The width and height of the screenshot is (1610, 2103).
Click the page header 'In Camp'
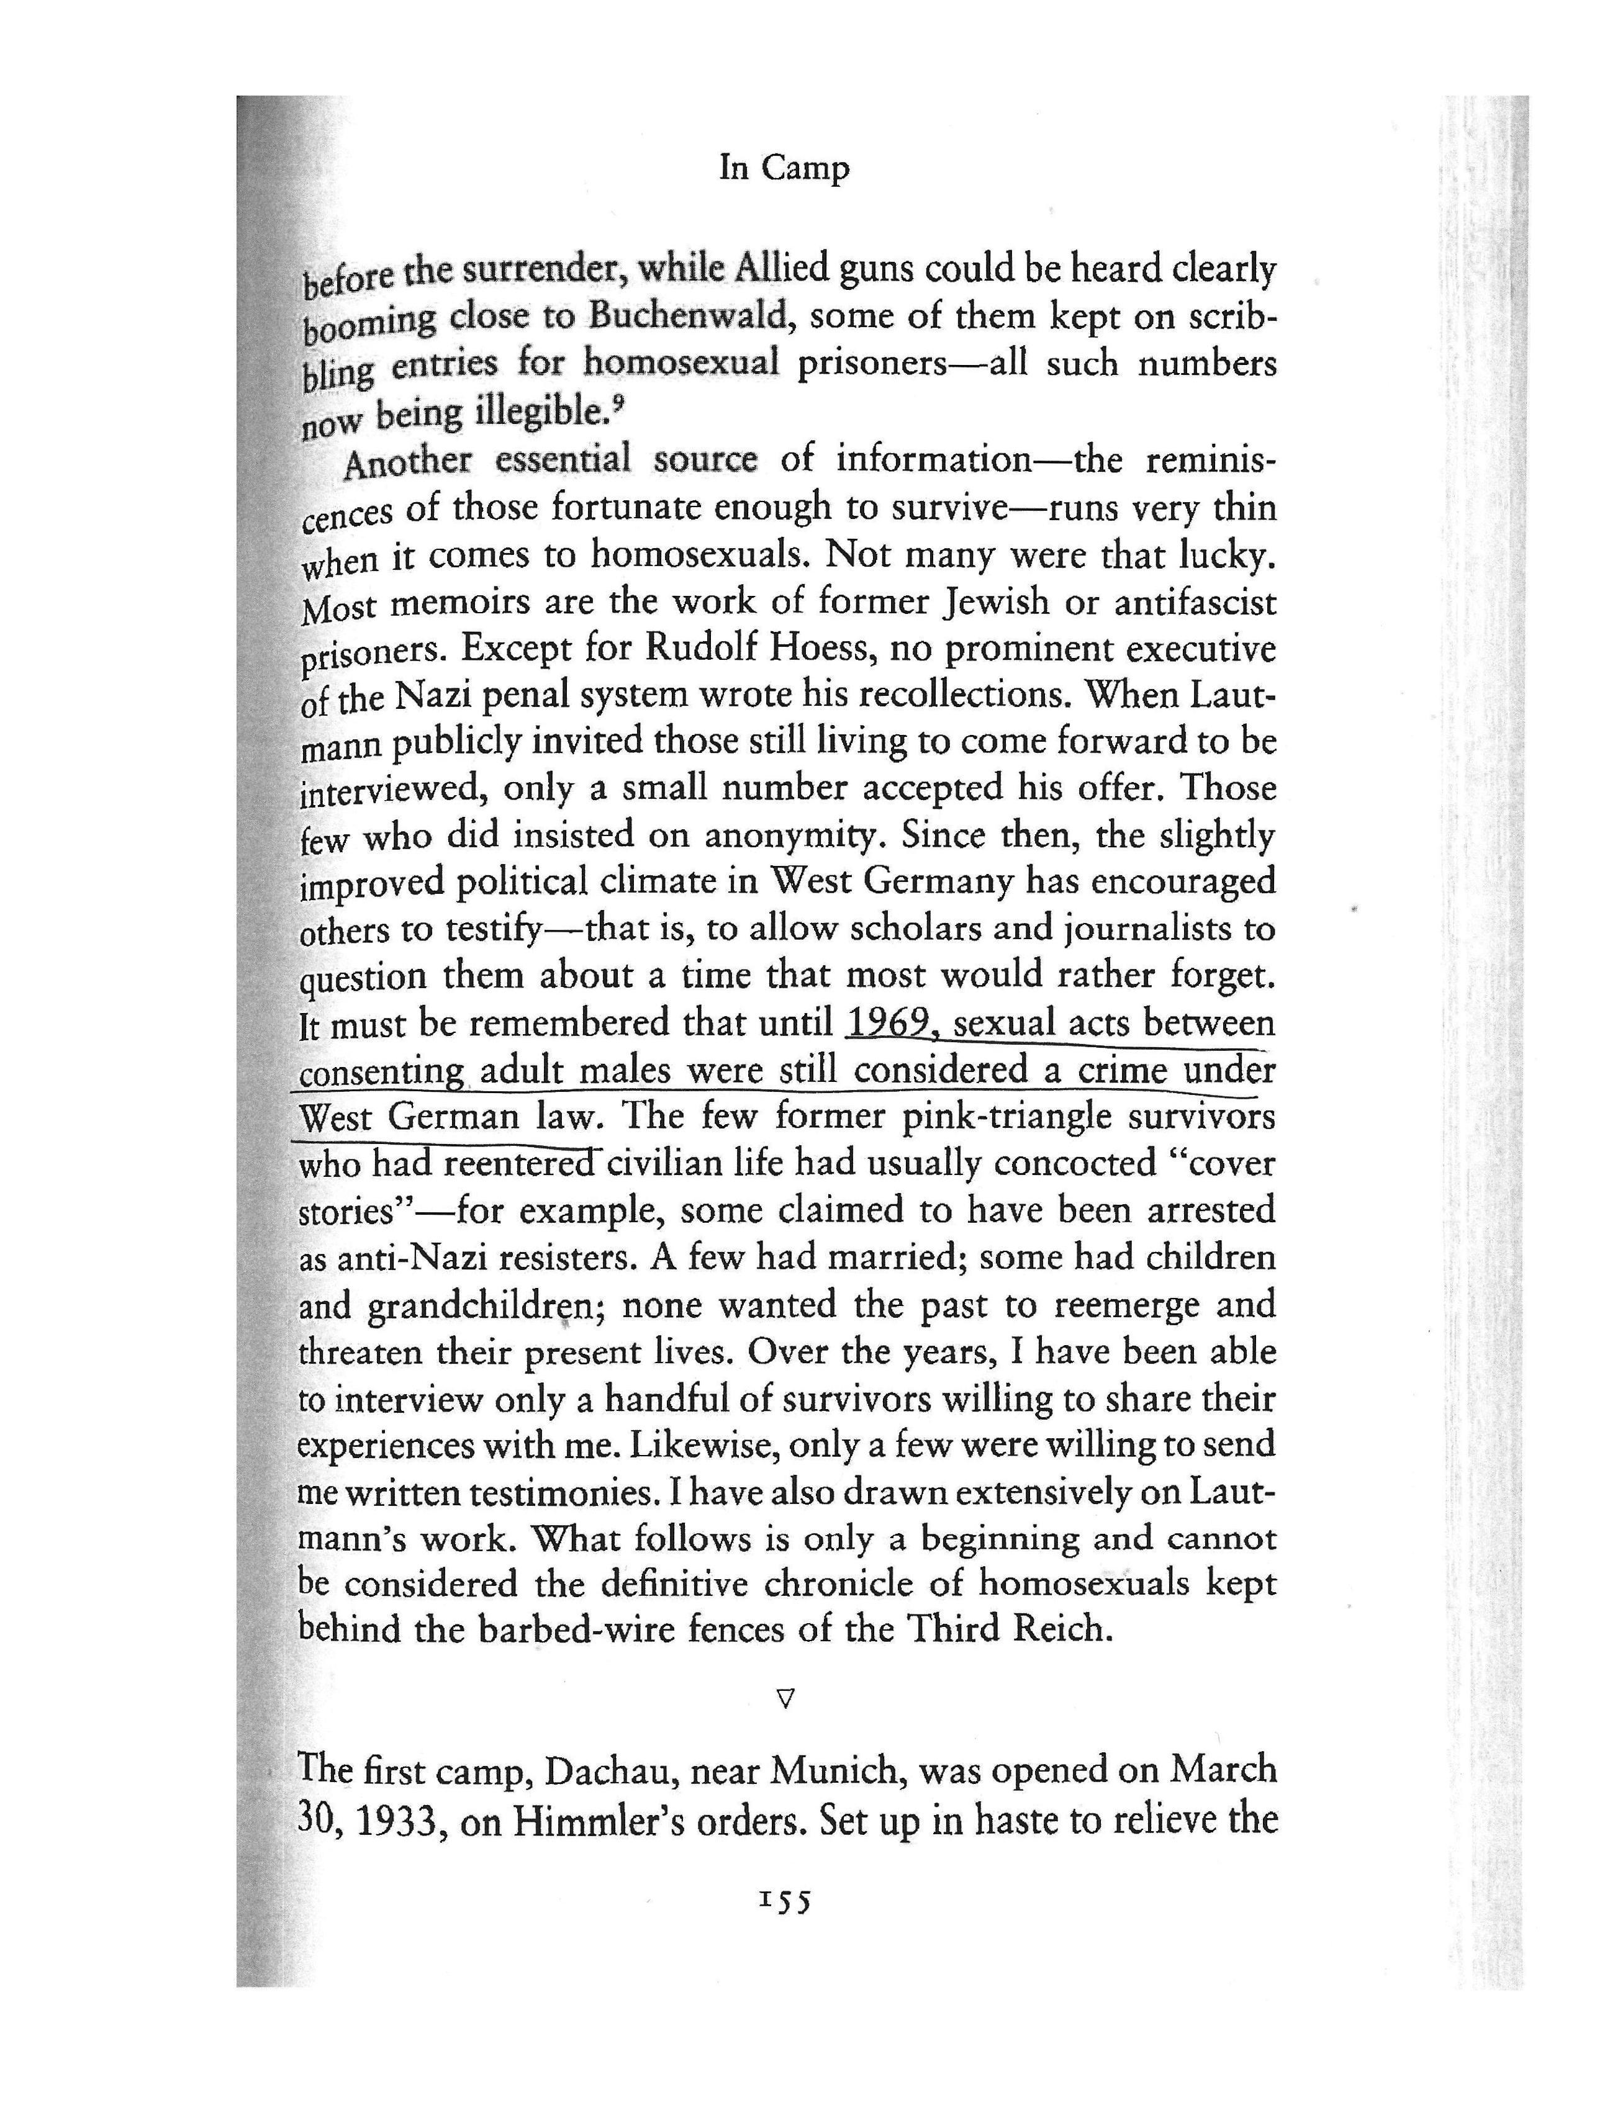point(784,169)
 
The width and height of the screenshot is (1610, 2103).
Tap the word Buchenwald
point(687,315)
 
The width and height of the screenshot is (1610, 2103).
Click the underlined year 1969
point(890,1022)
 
